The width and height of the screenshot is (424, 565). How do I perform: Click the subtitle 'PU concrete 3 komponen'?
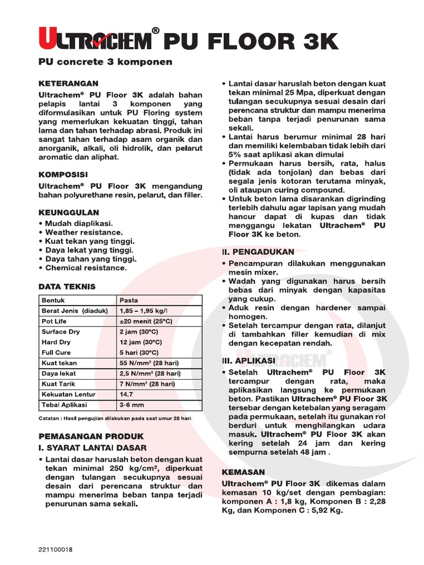[x=105, y=62]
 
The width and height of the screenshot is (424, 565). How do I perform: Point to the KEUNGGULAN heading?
[x=69, y=212]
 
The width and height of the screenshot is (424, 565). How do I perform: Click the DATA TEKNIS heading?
[x=67, y=286]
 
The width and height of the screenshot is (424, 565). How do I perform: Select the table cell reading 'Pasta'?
[x=129, y=301]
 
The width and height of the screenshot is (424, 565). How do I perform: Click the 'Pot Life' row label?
[x=54, y=322]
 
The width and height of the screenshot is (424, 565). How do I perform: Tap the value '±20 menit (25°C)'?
[x=145, y=322]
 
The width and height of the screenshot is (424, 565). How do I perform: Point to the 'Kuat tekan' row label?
[x=59, y=363]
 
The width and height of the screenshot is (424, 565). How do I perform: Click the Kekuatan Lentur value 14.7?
[x=126, y=395]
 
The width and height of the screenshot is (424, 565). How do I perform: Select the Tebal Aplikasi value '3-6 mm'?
[x=131, y=405]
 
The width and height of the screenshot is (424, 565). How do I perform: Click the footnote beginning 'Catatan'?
[x=114, y=419]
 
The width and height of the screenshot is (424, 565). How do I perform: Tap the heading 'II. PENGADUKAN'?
[x=258, y=252]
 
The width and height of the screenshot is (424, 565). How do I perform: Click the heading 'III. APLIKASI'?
[x=248, y=360]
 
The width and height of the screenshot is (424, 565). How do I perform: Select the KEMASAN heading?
[x=243, y=472]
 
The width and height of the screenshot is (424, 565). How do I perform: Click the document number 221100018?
[x=56, y=550]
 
